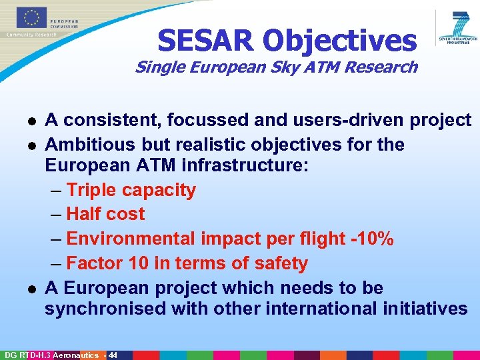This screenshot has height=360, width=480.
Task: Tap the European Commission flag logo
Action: tap(24, 18)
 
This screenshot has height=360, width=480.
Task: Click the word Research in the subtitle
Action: tap(383, 67)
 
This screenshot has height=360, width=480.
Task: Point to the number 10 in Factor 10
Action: tap(139, 263)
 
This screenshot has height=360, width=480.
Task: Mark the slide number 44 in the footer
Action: tap(113, 355)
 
